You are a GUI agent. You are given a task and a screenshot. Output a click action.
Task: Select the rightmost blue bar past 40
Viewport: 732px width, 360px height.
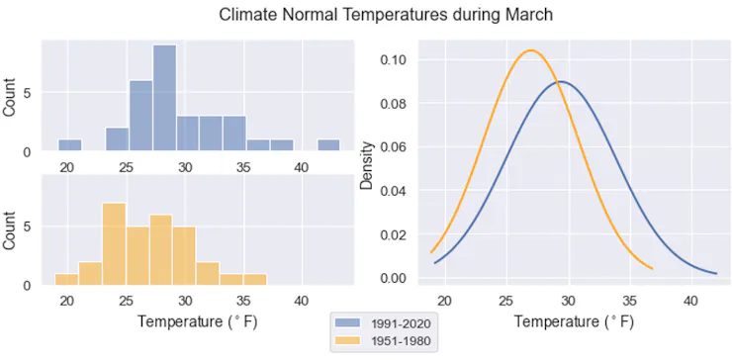pos(328,145)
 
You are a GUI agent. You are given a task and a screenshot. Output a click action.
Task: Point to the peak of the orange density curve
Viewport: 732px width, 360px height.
pos(531,50)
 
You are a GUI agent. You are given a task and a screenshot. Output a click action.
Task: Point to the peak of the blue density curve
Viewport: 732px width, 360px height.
pos(562,81)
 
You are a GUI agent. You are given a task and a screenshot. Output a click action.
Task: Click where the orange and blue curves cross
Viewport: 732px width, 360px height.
pos(557,82)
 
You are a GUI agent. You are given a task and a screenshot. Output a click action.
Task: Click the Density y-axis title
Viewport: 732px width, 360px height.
pos(367,164)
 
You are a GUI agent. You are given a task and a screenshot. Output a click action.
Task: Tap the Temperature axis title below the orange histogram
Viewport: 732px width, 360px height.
pos(193,321)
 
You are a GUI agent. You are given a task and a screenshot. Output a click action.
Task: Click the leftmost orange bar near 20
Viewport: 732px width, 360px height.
pos(66,279)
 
